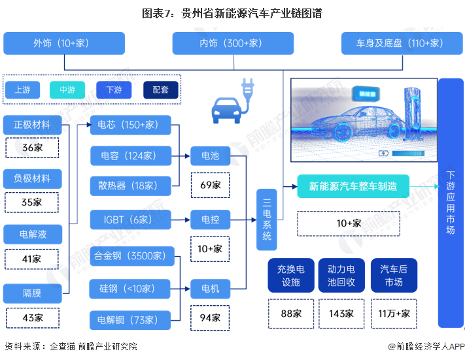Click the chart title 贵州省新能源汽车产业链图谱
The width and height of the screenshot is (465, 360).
[232, 12]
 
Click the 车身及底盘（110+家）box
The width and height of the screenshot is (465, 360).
[400, 43]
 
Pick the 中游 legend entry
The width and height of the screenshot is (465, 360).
[67, 90]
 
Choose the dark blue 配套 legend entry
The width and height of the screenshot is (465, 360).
[160, 90]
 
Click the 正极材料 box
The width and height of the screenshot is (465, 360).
[32, 124]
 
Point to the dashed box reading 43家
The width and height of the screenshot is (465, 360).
[32, 318]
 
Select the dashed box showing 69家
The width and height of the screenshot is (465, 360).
[210, 185]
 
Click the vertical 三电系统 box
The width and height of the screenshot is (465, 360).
[267, 220]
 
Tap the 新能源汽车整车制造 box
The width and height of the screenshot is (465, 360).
[353, 186]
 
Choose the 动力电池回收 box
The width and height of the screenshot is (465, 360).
[341, 276]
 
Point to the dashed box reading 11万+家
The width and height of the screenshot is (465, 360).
[394, 313]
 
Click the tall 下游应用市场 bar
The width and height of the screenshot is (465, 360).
[451, 203]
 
